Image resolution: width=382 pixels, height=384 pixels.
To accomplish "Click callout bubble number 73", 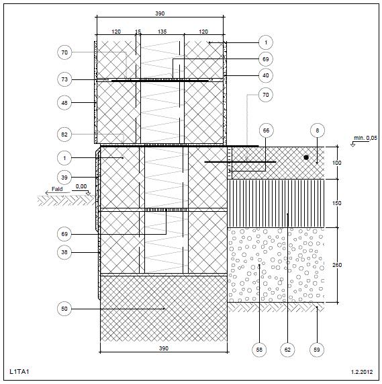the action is point(64,79).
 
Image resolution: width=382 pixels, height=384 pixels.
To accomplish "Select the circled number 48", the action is point(64,103).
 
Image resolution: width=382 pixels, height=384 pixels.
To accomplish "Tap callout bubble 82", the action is point(64,135).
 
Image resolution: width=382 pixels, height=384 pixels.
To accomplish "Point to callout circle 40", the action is point(266,76).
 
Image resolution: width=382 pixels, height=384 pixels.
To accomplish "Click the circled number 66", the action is point(266,130).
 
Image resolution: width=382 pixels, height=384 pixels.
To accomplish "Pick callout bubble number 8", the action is point(318,130).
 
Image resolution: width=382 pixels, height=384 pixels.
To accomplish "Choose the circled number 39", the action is point(64,178).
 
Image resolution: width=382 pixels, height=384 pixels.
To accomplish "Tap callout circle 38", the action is point(64,252).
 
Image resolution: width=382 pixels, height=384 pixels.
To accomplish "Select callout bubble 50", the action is point(64,309).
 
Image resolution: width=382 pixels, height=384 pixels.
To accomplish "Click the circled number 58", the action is point(259,350).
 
